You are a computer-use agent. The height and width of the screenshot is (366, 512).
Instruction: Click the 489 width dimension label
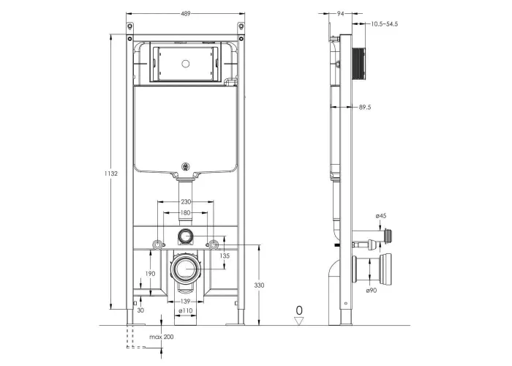pyautogui.click(x=186, y=14)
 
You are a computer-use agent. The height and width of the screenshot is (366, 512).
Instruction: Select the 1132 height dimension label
pyautogui.click(x=111, y=173)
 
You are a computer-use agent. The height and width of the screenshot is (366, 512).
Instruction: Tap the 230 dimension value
pyautogui.click(x=186, y=202)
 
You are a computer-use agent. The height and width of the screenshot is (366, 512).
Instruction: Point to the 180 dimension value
pyautogui.click(x=186, y=213)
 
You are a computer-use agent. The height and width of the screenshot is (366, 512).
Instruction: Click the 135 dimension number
pyautogui.click(x=225, y=256)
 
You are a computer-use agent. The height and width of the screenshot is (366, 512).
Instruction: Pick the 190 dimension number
pyautogui.click(x=150, y=274)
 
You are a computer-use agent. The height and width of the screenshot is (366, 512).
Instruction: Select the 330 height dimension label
pyautogui.click(x=259, y=285)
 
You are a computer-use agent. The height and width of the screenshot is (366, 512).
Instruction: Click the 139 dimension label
pyautogui.click(x=185, y=302)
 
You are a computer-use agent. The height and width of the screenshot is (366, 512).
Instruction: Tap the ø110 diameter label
pyautogui.click(x=186, y=310)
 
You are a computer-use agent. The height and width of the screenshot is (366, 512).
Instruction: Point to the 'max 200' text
pyautogui.click(x=162, y=337)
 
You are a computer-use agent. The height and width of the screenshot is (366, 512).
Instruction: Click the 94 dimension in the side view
pyautogui.click(x=341, y=14)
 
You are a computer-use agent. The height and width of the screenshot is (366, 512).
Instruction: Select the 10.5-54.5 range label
pyautogui.click(x=384, y=24)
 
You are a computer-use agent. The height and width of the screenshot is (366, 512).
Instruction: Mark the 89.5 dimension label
pyautogui.click(x=365, y=107)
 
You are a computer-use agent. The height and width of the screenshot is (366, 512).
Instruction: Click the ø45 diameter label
pyautogui.click(x=381, y=216)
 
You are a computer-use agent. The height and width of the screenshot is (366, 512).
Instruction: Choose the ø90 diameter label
pyautogui.click(x=372, y=290)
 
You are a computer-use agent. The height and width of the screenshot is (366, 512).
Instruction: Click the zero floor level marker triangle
pyautogui.click(x=299, y=321)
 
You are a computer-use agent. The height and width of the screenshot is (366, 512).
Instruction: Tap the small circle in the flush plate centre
pyautogui.click(x=186, y=64)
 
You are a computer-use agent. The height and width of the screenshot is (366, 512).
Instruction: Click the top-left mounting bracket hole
pyautogui.click(x=130, y=26)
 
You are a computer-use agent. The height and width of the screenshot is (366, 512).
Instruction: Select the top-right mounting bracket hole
pyautogui.click(x=241, y=26)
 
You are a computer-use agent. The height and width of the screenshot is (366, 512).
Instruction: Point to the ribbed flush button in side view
pyautogui.click(x=358, y=64)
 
